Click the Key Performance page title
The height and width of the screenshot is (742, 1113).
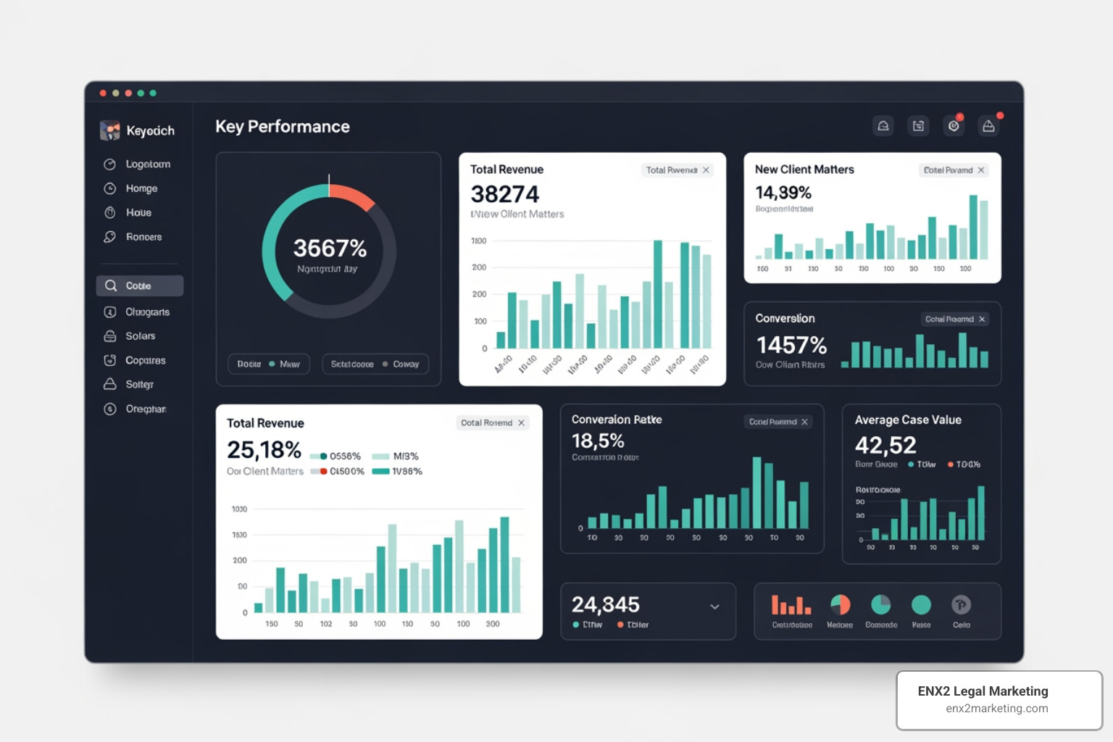[x=282, y=127]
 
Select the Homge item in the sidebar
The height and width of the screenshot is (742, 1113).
[x=141, y=188]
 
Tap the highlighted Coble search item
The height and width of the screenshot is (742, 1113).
[x=139, y=285]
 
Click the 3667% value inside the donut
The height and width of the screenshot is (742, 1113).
[x=330, y=249]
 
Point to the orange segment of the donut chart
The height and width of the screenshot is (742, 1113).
[x=353, y=194]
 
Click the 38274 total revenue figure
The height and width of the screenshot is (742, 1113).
[x=504, y=194]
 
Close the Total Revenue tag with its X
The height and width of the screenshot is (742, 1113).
[x=706, y=170]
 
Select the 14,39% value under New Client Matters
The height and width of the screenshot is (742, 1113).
[x=783, y=193]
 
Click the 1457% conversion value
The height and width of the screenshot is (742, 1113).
[x=791, y=344]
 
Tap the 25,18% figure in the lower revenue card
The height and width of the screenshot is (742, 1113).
[x=264, y=450]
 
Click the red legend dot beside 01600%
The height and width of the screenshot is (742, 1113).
[x=323, y=472]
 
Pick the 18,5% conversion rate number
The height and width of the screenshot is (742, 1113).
[x=597, y=441]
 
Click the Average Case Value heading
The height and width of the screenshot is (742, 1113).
[x=907, y=420]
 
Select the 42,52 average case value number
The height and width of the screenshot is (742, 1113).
[x=885, y=445]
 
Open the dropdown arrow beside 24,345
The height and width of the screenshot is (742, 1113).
[x=714, y=606]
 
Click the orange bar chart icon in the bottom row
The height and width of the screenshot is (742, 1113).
[x=791, y=605]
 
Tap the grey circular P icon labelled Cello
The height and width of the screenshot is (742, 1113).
[x=961, y=605]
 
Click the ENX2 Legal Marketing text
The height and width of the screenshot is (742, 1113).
[x=983, y=691]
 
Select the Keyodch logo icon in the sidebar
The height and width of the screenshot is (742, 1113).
[x=110, y=130]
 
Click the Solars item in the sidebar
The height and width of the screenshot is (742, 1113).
[x=140, y=336]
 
